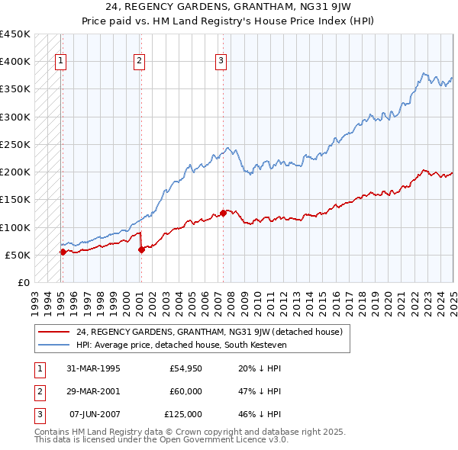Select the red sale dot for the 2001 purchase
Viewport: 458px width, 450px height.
click(141, 249)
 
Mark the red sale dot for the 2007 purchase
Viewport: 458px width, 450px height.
click(223, 213)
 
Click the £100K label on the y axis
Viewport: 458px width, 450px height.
click(15, 227)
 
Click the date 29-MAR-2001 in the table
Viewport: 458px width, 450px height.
click(94, 391)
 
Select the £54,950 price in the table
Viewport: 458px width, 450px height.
click(185, 368)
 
